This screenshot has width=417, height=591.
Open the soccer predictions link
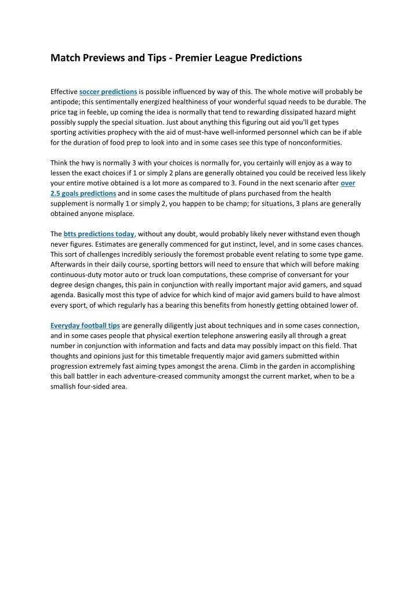(x=108, y=92)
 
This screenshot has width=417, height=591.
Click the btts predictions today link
(x=99, y=234)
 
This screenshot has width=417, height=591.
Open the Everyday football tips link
(x=85, y=325)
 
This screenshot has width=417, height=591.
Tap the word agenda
(x=63, y=295)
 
